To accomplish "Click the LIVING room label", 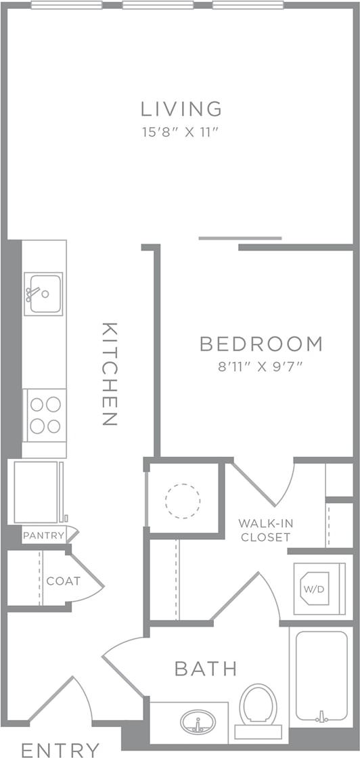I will pyautogui.click(x=181, y=108).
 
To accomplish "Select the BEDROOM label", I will pyautogui.click(x=261, y=344).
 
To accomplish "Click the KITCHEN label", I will pyautogui.click(x=109, y=374).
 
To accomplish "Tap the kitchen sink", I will pyautogui.click(x=43, y=293).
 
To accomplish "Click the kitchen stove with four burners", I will pyautogui.click(x=45, y=415).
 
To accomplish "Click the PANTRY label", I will pyautogui.click(x=43, y=535).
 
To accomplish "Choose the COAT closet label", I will pyautogui.click(x=64, y=581).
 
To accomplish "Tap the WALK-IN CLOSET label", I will pyautogui.click(x=264, y=530).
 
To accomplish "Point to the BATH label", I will pyautogui.click(x=206, y=669).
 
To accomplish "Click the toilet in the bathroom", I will pyautogui.click(x=258, y=707).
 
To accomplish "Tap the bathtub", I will pyautogui.click(x=321, y=677).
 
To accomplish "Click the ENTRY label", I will pyautogui.click(x=60, y=749).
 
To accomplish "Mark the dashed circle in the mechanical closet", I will pyautogui.click(x=183, y=501).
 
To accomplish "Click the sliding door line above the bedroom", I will pyautogui.click(x=240, y=238).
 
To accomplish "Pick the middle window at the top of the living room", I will pyautogui.click(x=167, y=5).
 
